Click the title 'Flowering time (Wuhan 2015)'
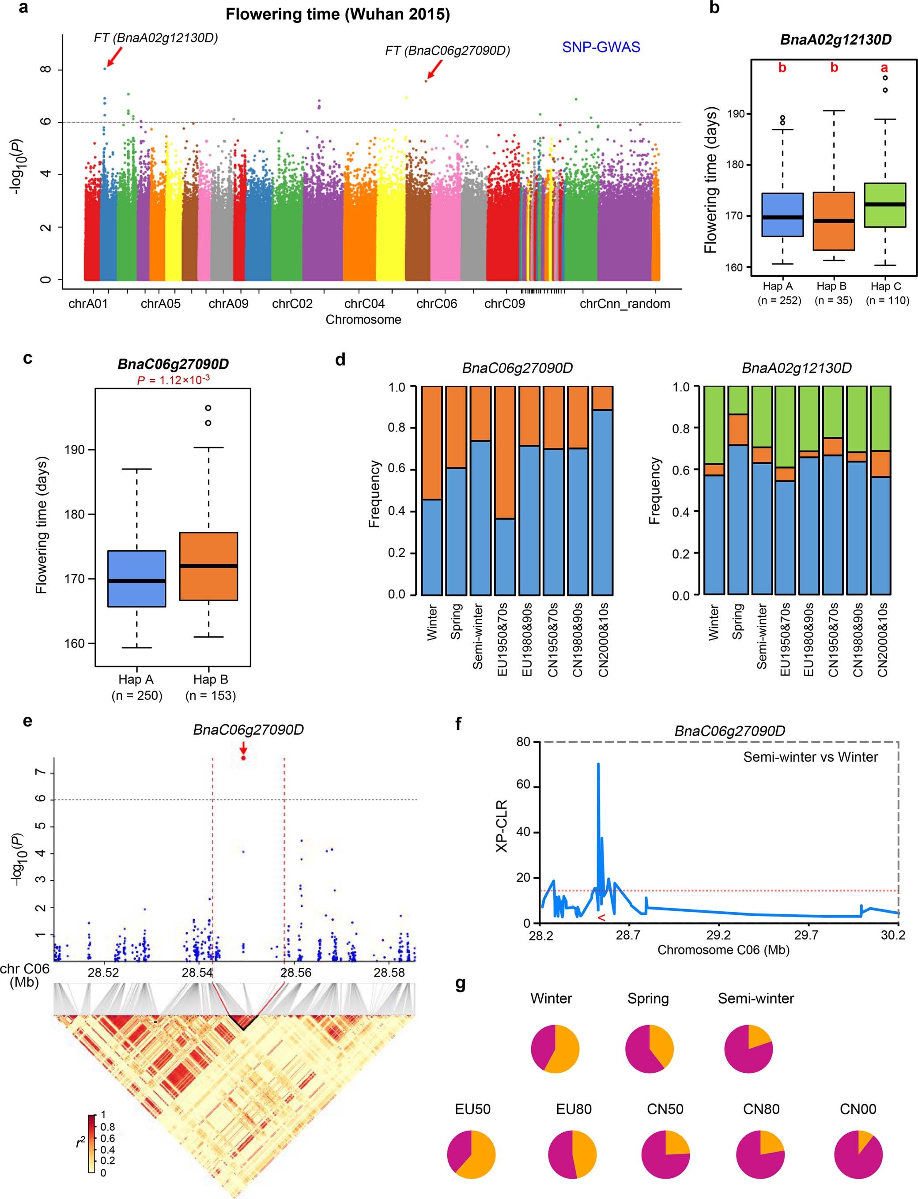(337, 14)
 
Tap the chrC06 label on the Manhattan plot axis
(437, 304)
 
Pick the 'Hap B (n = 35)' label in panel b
(833, 293)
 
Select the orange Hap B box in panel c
(209, 566)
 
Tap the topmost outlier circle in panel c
(208, 408)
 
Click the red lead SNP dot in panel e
(243, 758)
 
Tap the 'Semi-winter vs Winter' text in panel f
(810, 757)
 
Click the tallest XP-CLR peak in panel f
(598, 764)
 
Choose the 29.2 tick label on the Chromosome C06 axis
(718, 935)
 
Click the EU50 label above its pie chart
(472, 1109)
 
